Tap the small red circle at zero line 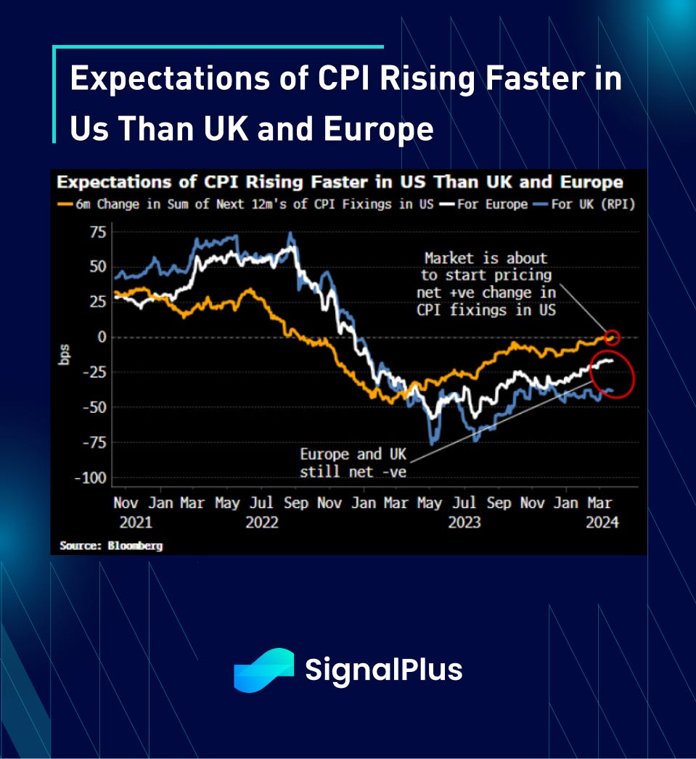[612, 337]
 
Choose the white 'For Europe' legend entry [483, 204]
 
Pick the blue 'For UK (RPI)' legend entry [585, 204]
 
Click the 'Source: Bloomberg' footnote [111, 545]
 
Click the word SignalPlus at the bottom [383, 670]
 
